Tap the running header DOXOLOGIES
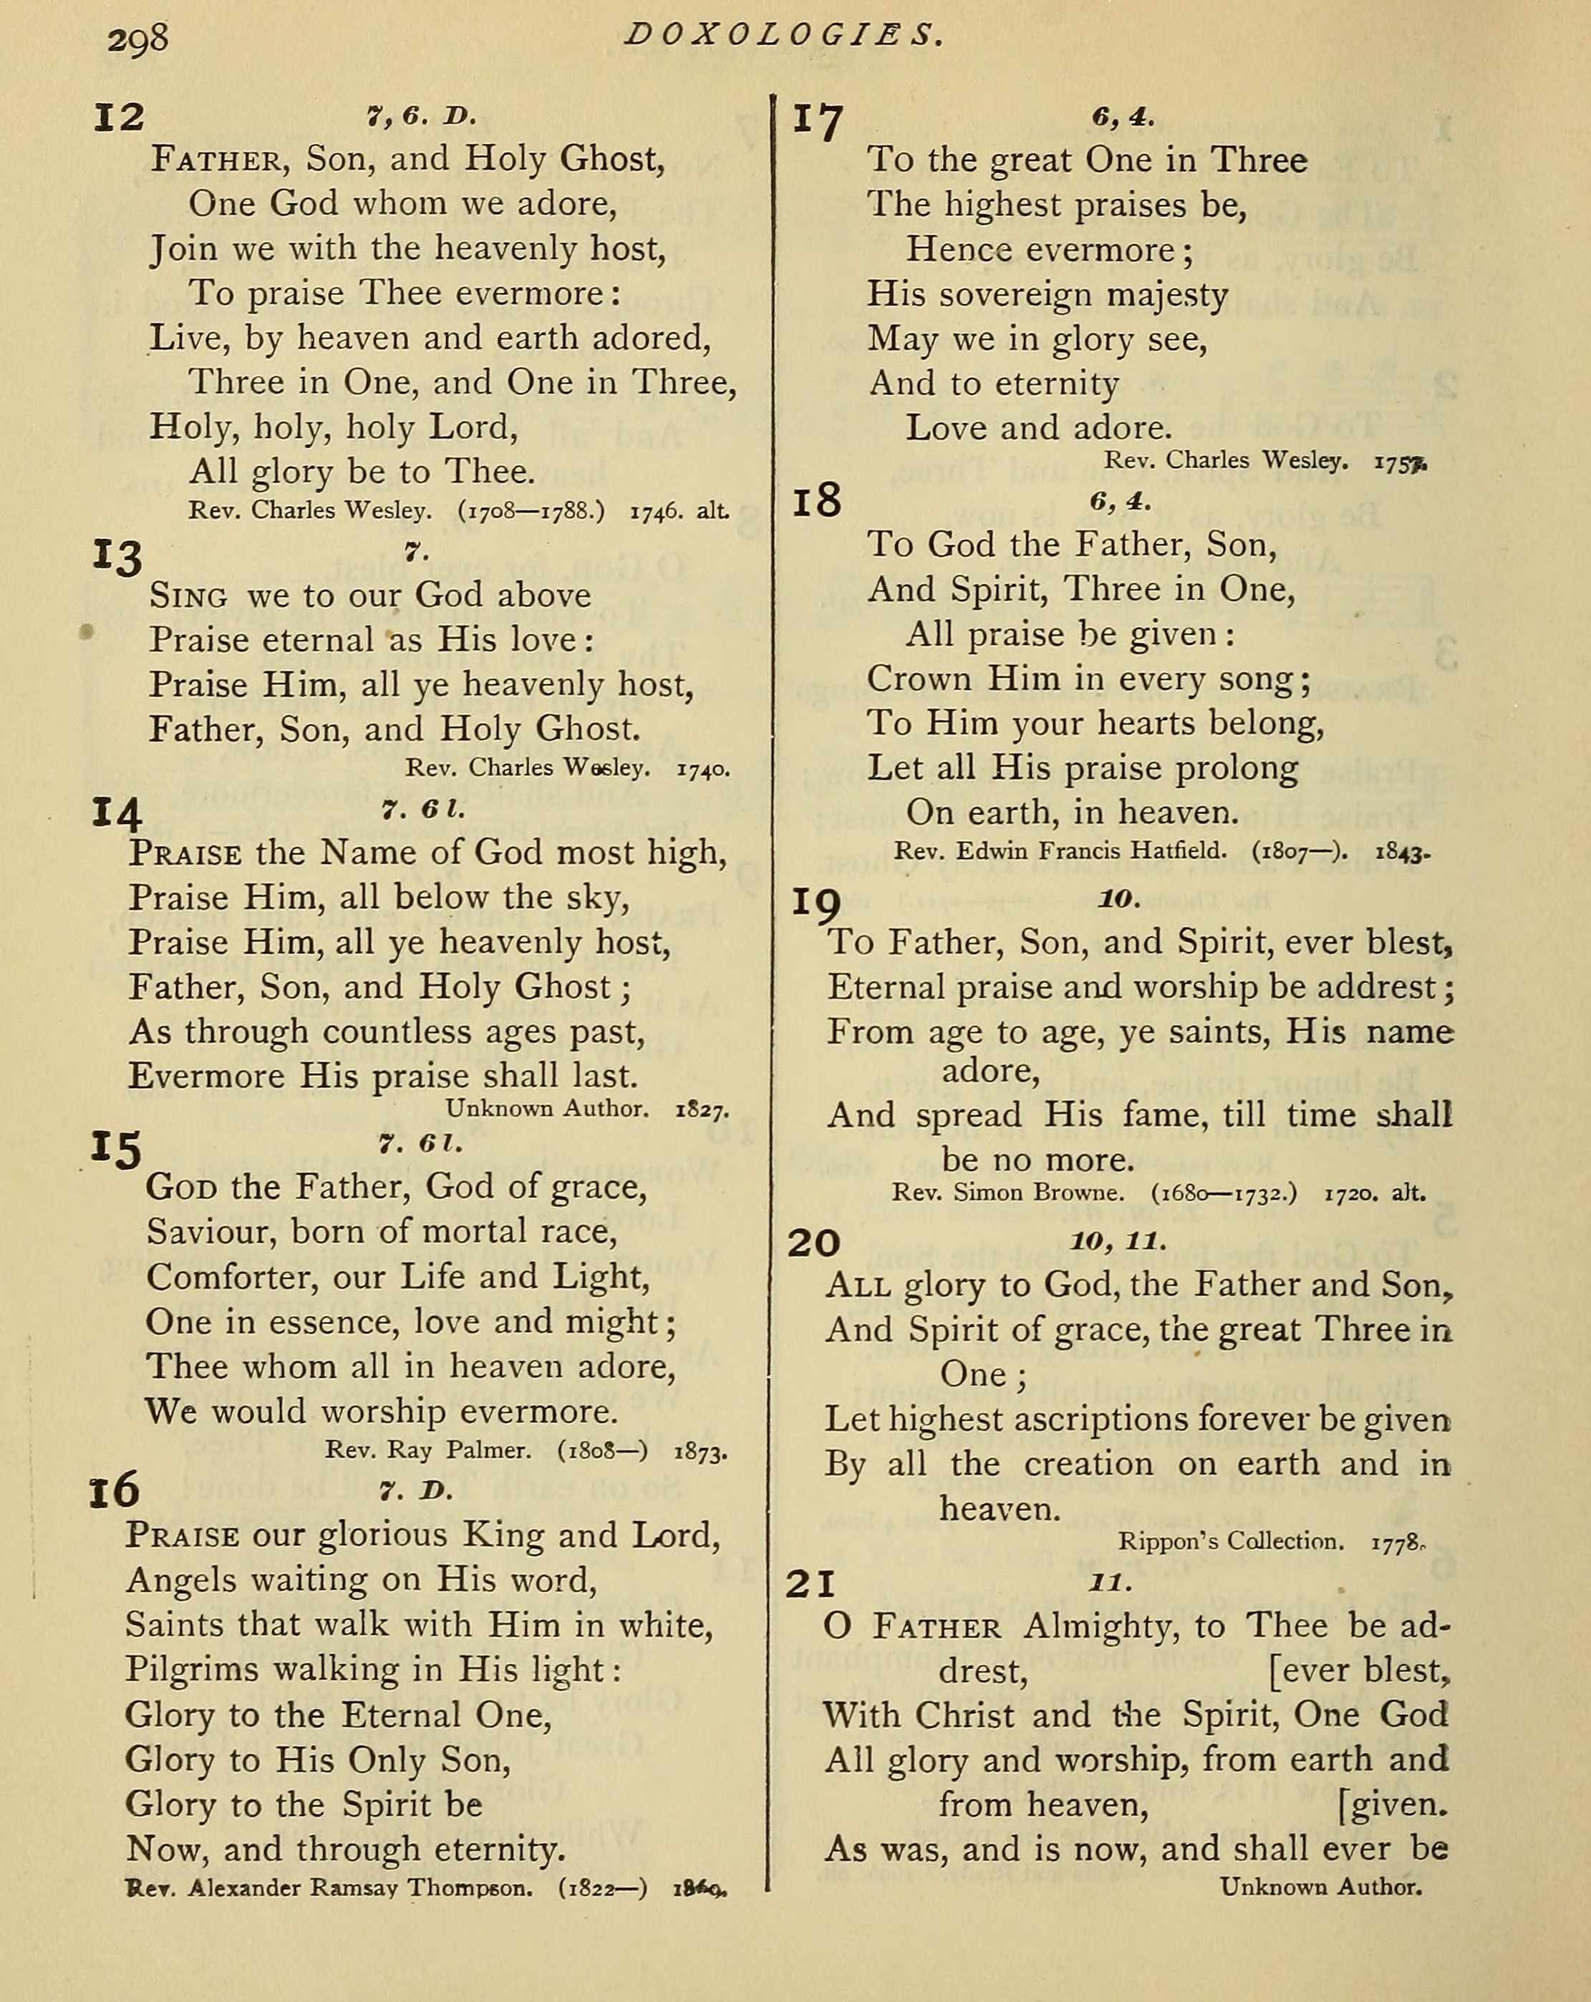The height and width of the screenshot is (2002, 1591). tap(785, 34)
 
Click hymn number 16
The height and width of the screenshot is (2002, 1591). tap(113, 1490)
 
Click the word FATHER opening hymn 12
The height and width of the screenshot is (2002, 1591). tap(216, 160)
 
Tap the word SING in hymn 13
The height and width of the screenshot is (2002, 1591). tap(188, 596)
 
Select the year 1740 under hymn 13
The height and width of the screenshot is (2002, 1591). tap(703, 769)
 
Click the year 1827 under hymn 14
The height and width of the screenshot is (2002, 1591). tap(702, 1109)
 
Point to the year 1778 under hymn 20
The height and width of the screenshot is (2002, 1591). tap(1396, 1542)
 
